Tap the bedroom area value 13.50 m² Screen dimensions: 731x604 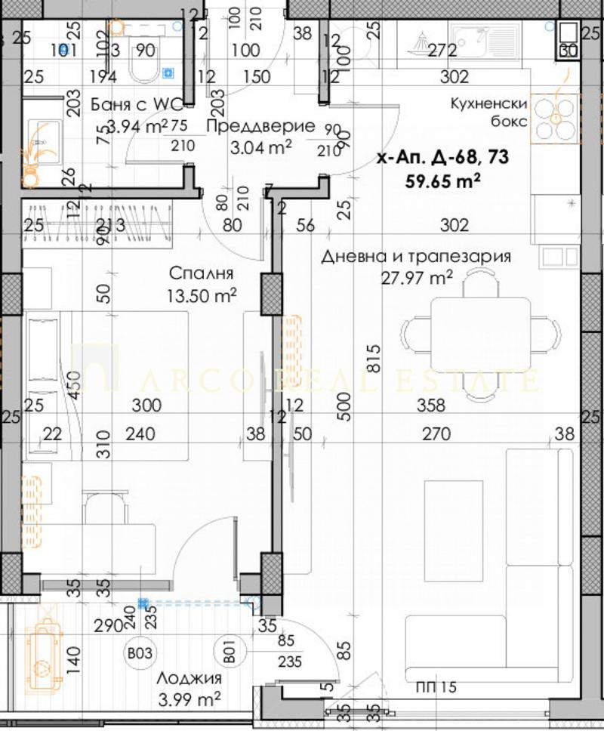click(200, 294)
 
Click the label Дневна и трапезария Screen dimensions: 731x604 click(416, 257)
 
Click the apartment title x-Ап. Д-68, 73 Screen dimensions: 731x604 click(442, 158)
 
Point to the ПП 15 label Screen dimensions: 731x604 click(436, 687)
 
